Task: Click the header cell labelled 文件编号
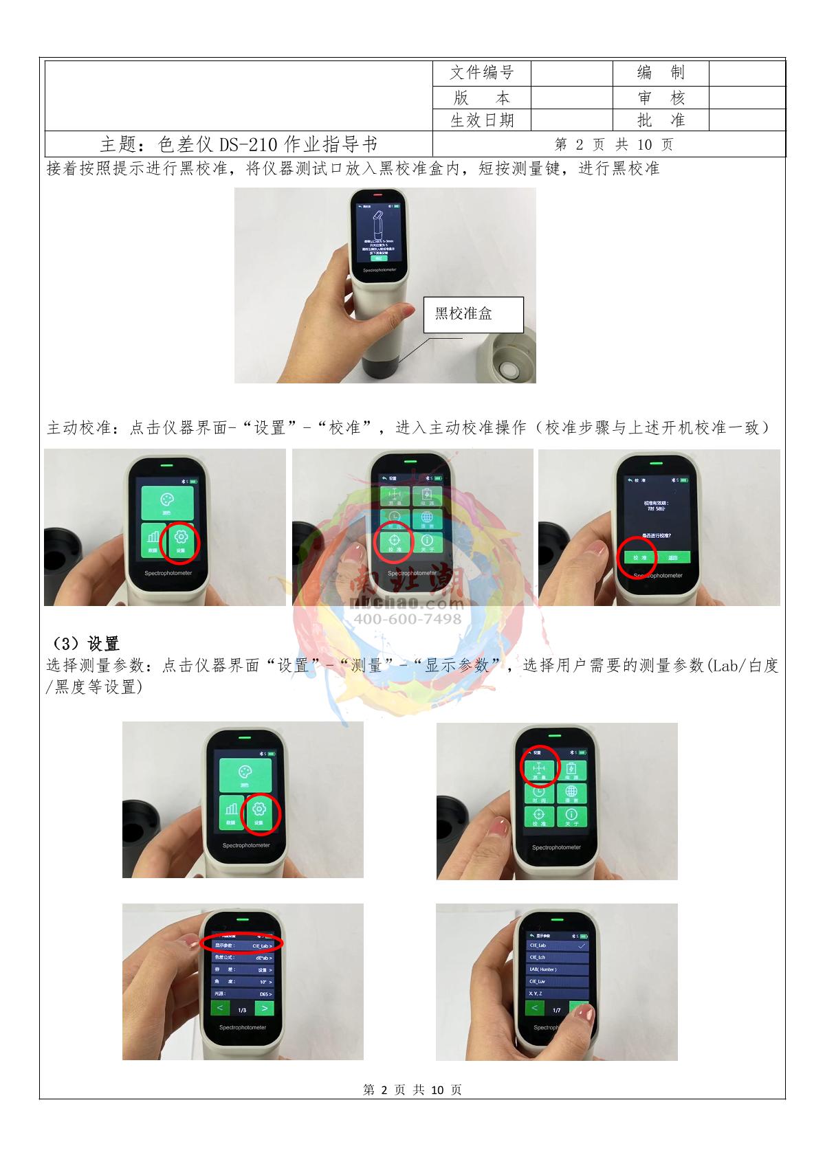tap(481, 73)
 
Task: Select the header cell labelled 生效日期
tap(481, 120)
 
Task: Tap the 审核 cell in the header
tap(660, 98)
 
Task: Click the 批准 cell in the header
tap(660, 120)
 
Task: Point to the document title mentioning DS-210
tap(239, 144)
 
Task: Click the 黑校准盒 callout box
tap(473, 315)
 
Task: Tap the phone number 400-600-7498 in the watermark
tap(408, 619)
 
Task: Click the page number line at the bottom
tap(412, 1090)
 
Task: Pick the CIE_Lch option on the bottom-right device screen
tap(558, 957)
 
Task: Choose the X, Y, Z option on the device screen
tap(558, 994)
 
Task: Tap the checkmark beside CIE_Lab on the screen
tap(582, 945)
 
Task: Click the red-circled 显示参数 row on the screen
tap(241, 945)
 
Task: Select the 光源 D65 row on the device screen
tap(241, 994)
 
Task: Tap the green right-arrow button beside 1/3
tap(264, 1009)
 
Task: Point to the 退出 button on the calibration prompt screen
tap(673, 558)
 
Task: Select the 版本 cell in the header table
tap(481, 98)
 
